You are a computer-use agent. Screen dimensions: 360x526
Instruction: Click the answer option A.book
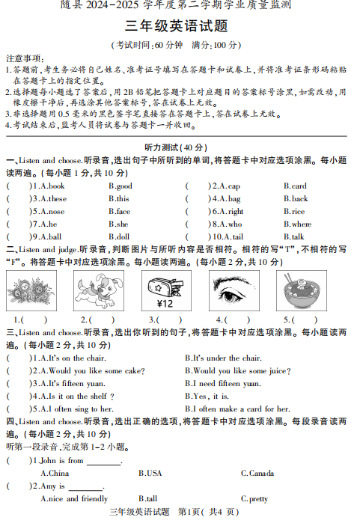52,186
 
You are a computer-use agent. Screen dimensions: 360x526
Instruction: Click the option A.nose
52,212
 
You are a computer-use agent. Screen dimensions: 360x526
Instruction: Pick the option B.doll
119,237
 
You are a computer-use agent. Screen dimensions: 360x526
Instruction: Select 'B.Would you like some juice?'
237,371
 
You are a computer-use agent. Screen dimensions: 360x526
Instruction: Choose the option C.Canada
257,474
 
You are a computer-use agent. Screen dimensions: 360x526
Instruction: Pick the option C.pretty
254,499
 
